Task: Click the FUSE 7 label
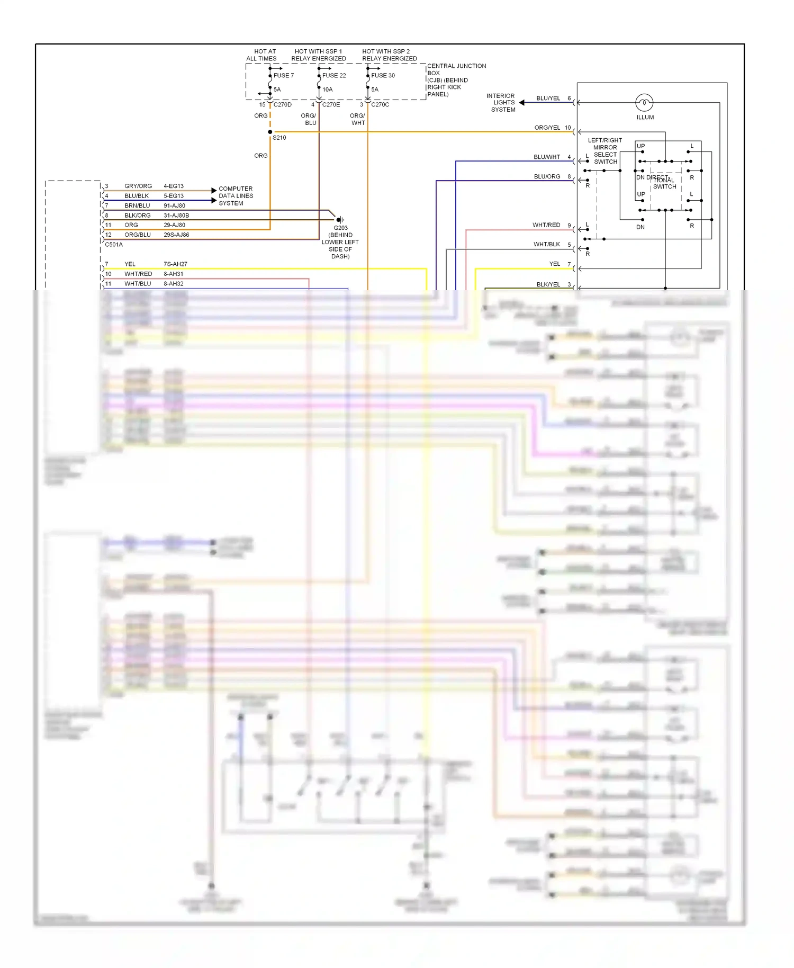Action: tap(283, 75)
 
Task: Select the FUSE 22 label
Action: tap(334, 75)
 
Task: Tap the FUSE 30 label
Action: tap(383, 75)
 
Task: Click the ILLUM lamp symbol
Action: tap(644, 102)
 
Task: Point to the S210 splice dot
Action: tap(270, 132)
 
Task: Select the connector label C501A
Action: tap(114, 245)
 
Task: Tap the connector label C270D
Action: tap(283, 105)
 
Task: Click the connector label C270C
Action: tap(380, 105)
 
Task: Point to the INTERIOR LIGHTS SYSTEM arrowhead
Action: tap(522, 103)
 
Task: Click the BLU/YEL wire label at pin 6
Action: tap(548, 98)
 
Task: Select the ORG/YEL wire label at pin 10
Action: tap(547, 128)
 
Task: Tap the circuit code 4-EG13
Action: tap(174, 186)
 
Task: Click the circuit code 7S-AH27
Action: tap(175, 264)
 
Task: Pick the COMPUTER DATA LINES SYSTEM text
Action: tap(236, 196)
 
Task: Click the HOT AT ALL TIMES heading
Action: tap(261, 55)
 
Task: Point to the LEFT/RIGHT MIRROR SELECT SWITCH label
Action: tap(605, 151)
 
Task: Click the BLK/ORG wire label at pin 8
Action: tap(138, 216)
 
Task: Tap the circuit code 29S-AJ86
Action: tap(176, 235)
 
